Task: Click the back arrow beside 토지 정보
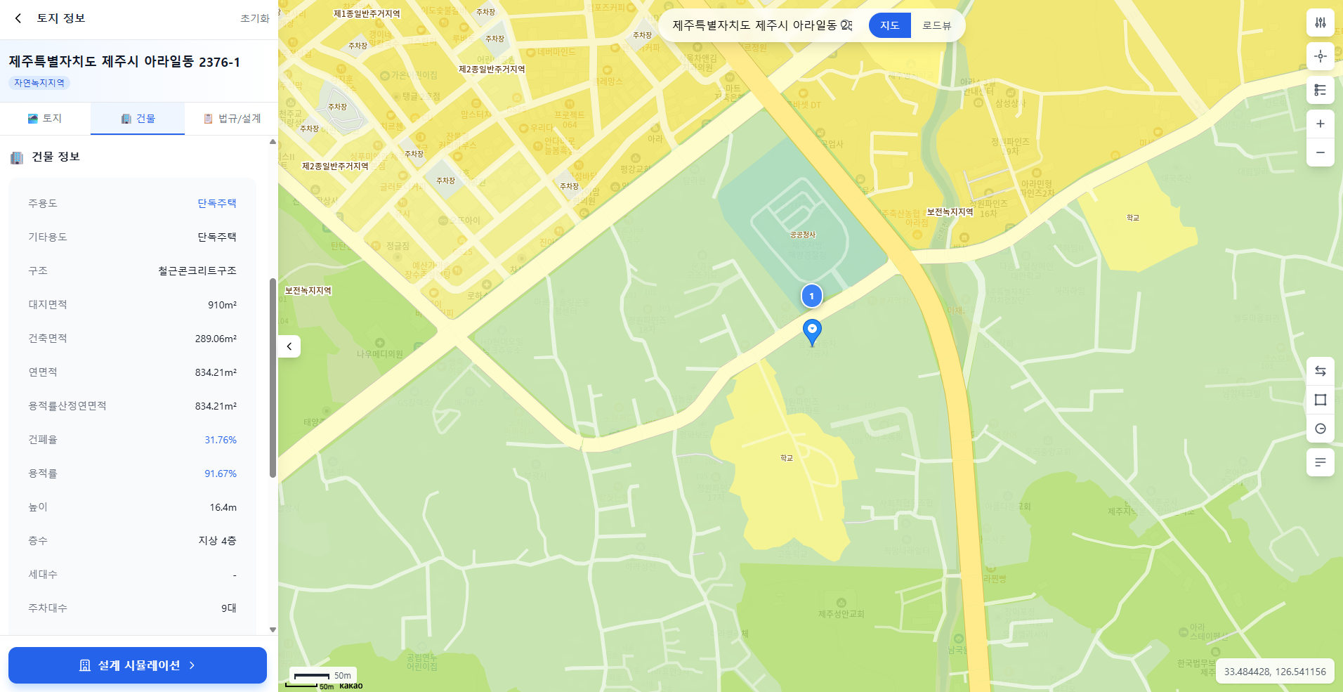pyautogui.click(x=18, y=18)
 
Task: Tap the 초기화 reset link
pyautogui.click(x=254, y=18)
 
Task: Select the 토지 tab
pyautogui.click(x=45, y=119)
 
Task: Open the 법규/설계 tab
pyautogui.click(x=232, y=119)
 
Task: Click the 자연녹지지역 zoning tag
pyautogui.click(x=39, y=83)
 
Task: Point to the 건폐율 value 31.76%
pyautogui.click(x=221, y=440)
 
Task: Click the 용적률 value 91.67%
pyautogui.click(x=221, y=474)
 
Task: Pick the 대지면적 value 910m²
pyautogui.click(x=222, y=305)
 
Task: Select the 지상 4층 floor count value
pyautogui.click(x=217, y=541)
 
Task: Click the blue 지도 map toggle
pyautogui.click(x=889, y=25)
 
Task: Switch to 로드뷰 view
pyautogui.click(x=936, y=25)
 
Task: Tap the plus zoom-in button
pyautogui.click(x=1320, y=124)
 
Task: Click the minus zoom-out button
pyautogui.click(x=1320, y=152)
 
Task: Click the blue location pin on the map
pyautogui.click(x=812, y=330)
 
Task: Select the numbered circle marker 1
pyautogui.click(x=811, y=296)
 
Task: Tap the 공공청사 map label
pyautogui.click(x=803, y=235)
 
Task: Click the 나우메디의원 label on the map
pyautogui.click(x=379, y=354)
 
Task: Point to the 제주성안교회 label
pyautogui.click(x=841, y=613)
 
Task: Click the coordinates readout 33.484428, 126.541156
pyautogui.click(x=1274, y=672)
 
